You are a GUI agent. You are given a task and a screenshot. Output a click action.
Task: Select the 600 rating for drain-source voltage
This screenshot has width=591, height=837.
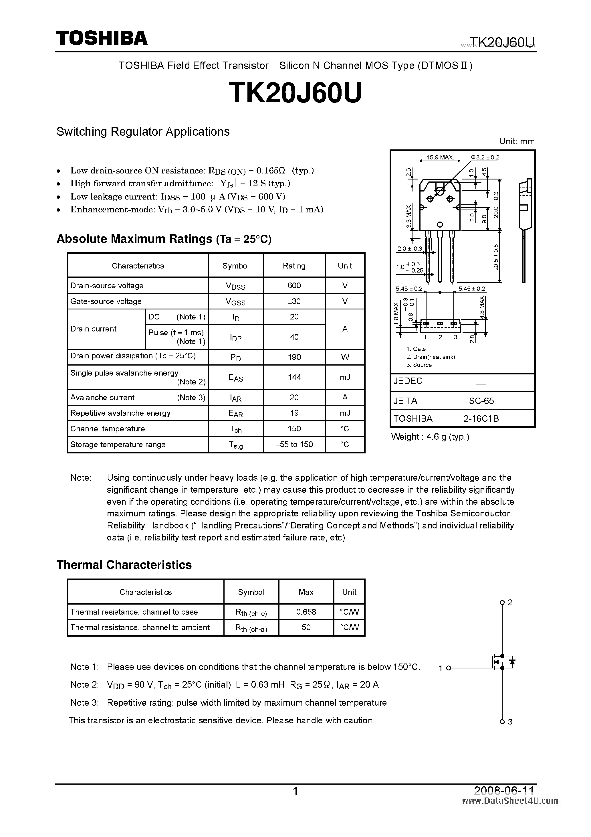point(294,285)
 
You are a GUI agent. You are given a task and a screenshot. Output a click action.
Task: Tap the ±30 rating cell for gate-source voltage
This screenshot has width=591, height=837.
point(294,301)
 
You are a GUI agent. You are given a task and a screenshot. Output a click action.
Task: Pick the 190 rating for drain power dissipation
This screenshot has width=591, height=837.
point(294,357)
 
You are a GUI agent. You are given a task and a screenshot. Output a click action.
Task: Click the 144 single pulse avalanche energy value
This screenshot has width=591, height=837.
point(294,377)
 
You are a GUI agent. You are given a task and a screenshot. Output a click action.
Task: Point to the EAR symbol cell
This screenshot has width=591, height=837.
point(235,413)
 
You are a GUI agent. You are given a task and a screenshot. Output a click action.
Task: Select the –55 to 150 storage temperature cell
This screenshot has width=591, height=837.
point(294,444)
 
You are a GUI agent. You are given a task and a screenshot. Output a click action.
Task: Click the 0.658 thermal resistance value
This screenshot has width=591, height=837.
point(306,612)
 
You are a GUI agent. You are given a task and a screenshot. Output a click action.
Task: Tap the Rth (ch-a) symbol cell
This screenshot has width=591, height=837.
point(251,628)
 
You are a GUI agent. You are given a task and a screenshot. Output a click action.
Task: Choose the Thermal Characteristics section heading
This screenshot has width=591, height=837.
point(124,565)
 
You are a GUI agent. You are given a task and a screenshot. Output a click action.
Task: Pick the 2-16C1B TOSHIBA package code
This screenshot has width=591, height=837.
point(481,418)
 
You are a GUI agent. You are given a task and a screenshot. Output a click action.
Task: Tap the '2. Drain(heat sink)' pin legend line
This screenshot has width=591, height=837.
point(431,357)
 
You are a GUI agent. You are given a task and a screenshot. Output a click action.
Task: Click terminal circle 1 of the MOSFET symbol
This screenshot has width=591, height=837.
point(449,668)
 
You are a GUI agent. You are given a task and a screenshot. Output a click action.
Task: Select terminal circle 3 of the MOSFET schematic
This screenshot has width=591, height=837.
point(502,721)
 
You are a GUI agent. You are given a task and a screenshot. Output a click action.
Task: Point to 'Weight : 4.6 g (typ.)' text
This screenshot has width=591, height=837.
point(430,437)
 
